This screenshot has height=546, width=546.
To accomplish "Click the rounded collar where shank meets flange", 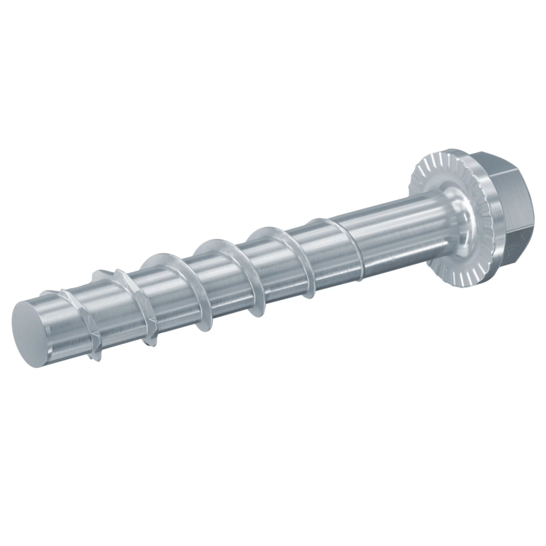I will [x=451, y=215].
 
